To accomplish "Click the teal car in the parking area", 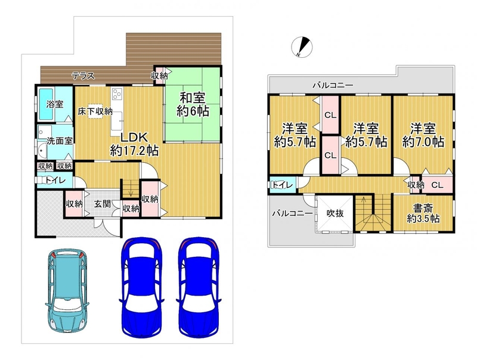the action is (67, 290).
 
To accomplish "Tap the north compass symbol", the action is (302, 46).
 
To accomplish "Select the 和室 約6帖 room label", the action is (193, 104).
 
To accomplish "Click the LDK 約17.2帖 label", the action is (134, 144).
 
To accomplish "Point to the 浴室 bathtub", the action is (47, 104).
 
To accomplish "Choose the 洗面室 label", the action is (60, 141).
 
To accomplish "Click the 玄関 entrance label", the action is (102, 203).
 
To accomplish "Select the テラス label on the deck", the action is (83, 76).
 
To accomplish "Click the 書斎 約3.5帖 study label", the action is (423, 213).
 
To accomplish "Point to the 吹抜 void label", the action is (335, 213).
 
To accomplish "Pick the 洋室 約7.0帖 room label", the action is (423, 135).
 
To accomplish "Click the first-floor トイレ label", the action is (55, 181).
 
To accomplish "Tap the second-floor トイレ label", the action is (283, 185).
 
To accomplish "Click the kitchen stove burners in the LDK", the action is (117, 94).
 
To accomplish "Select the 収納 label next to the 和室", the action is (159, 76).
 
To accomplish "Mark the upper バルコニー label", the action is (333, 85).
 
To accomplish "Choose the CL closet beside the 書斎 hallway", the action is (438, 185).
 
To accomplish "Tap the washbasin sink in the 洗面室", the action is (42, 151).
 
